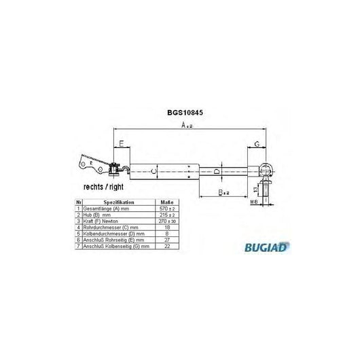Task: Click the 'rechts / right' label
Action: tap(103, 186)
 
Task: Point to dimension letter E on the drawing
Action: tap(122, 143)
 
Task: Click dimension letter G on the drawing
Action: tap(257, 143)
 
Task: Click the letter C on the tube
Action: tap(153, 172)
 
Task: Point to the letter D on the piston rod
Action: tap(217, 172)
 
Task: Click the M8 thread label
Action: tap(254, 202)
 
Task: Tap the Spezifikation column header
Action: tap(119, 202)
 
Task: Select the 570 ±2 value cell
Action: tap(166, 209)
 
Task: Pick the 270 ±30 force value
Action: tap(166, 221)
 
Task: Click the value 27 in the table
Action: tap(166, 239)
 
